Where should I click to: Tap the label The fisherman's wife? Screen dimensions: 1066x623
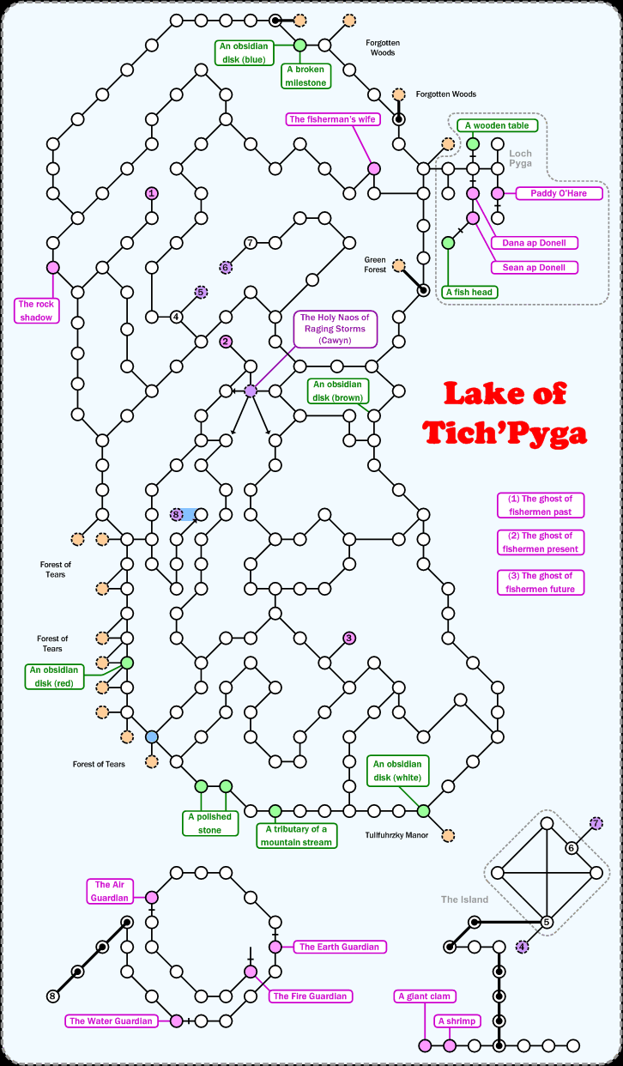point(333,119)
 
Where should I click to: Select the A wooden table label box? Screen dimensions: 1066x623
point(498,125)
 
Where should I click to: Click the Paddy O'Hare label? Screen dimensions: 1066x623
point(559,194)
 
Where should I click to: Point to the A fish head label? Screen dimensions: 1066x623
point(471,292)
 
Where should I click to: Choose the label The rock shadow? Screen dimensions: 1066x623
point(37,310)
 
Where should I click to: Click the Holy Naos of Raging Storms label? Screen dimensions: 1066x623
point(335,329)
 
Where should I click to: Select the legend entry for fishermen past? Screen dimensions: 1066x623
point(540,505)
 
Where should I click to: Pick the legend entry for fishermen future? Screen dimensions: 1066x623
point(540,582)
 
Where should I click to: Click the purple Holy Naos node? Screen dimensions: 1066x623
point(251,391)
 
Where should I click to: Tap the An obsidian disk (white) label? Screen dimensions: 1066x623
point(399,771)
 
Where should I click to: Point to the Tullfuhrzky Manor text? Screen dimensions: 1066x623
point(396,834)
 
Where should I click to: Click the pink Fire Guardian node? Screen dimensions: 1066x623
point(251,972)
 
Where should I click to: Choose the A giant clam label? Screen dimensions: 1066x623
point(425,996)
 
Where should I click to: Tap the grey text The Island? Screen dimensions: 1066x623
point(464,899)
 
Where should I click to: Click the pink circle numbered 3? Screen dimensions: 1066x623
point(349,638)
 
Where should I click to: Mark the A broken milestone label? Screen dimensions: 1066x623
point(306,76)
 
